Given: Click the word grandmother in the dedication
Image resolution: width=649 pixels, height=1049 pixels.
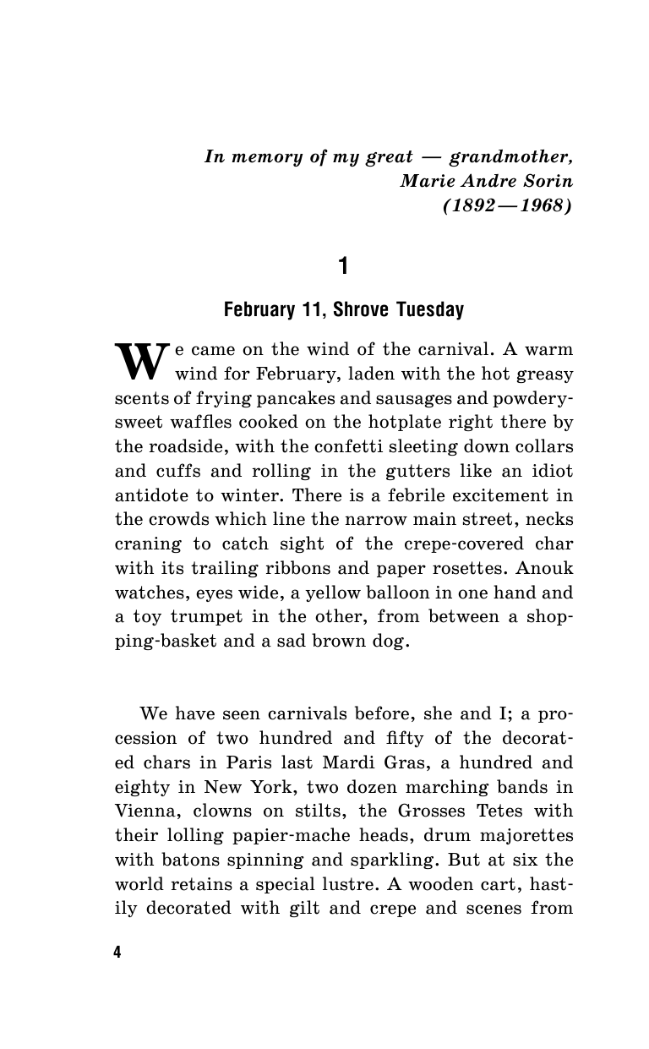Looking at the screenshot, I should coord(510,156).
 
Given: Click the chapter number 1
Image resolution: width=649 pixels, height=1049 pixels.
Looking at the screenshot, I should coord(343,267).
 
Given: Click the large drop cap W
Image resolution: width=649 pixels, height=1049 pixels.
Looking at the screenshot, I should coord(142,360).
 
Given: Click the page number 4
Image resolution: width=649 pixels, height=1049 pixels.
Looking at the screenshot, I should coord(117,953).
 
